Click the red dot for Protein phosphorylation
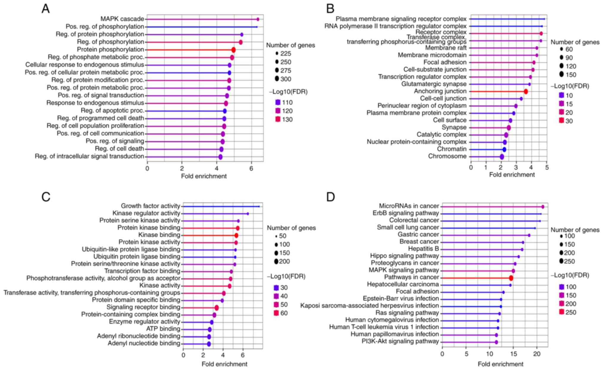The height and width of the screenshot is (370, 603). click(234, 50)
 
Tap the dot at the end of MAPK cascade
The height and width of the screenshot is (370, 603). click(258, 19)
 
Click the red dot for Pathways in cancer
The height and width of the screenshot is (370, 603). click(511, 278)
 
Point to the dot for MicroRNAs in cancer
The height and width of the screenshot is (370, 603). click(543, 207)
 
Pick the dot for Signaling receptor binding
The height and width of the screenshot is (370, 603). click(217, 308)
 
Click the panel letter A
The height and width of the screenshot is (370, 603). click(45, 9)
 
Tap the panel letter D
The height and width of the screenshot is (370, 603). click(331, 197)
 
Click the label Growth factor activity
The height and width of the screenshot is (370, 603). click(150, 206)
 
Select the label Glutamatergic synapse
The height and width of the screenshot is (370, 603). click(434, 84)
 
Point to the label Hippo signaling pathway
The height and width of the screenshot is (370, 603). click(404, 256)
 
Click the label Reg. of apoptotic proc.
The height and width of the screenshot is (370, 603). click(112, 111)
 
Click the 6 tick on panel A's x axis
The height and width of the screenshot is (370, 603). click(251, 168)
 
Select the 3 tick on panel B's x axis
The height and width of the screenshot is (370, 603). click(516, 167)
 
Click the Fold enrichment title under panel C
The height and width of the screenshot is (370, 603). click(224, 364)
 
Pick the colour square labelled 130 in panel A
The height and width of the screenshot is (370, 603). click(278, 119)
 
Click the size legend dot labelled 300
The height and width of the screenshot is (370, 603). click(277, 79)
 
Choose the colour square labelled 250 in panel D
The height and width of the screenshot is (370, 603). click(561, 312)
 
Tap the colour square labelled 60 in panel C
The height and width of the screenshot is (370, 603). click(276, 313)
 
